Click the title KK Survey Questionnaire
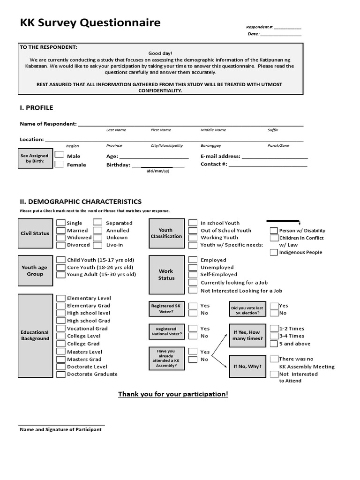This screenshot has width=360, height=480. tap(90, 22)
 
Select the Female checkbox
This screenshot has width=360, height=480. tap(60, 164)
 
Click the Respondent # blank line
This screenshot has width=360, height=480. tap(287, 28)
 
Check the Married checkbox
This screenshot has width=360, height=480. tap(61, 230)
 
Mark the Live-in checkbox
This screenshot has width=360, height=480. tap(97, 245)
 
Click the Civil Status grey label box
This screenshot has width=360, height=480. tap(35, 233)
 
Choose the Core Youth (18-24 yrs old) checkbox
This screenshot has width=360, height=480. tap(60, 267)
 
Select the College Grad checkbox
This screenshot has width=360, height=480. tap(60, 344)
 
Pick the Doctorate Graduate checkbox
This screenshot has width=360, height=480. tap(60, 374)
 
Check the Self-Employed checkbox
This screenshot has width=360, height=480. tap(193, 274)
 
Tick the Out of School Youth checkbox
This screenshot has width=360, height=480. tap(193, 230)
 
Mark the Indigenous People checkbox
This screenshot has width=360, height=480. tap(274, 252)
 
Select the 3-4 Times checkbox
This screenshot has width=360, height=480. tap(274, 336)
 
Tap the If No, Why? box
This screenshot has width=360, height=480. tap(248, 366)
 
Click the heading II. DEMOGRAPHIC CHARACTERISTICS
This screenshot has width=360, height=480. tap(81, 201)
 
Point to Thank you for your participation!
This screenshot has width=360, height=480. tap(173, 394)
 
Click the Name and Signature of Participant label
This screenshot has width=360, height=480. tap(60, 429)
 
